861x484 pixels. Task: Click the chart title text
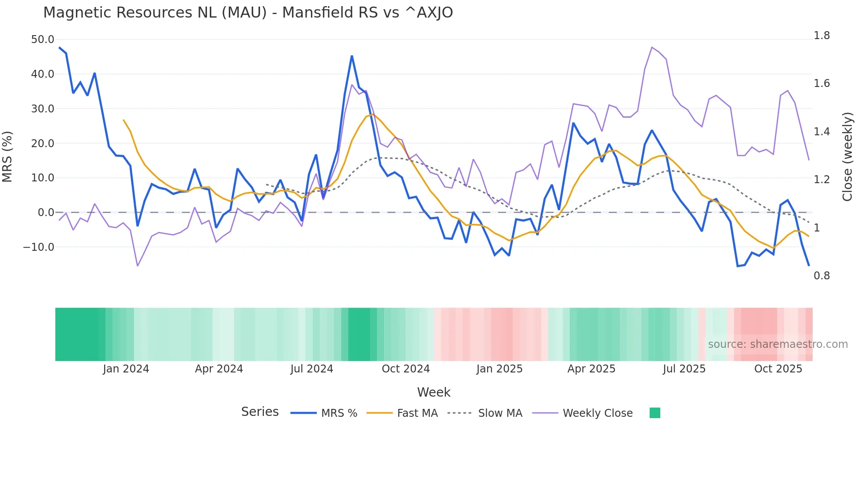coord(248,13)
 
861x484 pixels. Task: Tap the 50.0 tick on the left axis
coord(43,40)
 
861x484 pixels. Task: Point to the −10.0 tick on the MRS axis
coord(39,247)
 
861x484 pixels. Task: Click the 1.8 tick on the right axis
coord(821,36)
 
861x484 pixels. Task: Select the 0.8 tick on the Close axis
coord(821,276)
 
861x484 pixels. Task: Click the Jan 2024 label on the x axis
coord(126,369)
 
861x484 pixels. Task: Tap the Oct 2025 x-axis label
coord(778,369)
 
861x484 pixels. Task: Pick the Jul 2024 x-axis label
coord(311,369)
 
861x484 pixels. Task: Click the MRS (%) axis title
coord(7,156)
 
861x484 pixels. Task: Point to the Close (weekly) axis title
coord(847,157)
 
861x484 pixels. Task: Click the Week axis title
coord(434,392)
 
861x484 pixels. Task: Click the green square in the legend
coord(655,413)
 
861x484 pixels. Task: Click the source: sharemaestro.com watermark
coord(778,344)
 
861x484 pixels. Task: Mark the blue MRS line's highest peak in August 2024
coord(352,56)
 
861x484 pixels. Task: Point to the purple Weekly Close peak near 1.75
coord(652,47)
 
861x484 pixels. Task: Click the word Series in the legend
coord(260,412)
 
